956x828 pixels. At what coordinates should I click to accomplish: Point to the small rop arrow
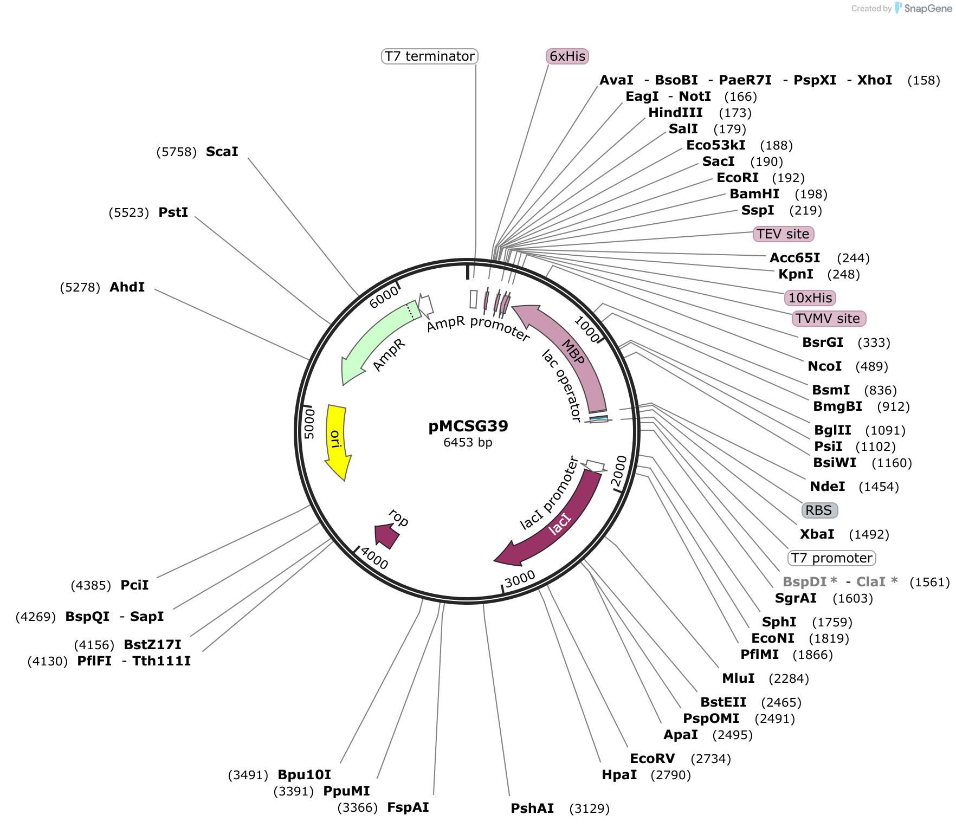[387, 536]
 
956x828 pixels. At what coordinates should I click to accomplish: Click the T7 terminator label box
[430, 56]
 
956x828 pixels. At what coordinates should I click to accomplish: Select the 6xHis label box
[567, 56]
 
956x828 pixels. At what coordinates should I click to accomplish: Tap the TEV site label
[784, 234]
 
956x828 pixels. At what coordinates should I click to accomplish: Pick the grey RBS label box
[819, 510]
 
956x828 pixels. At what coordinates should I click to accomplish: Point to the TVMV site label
[829, 319]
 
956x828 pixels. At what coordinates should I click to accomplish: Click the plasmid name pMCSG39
[468, 426]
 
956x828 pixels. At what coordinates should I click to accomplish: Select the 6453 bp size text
[468, 443]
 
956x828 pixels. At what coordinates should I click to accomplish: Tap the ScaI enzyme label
[222, 152]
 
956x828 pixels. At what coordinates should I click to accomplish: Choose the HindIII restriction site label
[676, 113]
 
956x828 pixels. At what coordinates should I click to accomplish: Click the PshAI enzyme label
[532, 808]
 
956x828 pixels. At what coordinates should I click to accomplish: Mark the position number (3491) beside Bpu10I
[248, 775]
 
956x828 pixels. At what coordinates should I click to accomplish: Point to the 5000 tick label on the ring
[309, 424]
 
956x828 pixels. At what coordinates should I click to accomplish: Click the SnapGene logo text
[928, 9]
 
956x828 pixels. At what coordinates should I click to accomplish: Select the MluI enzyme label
[739, 678]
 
